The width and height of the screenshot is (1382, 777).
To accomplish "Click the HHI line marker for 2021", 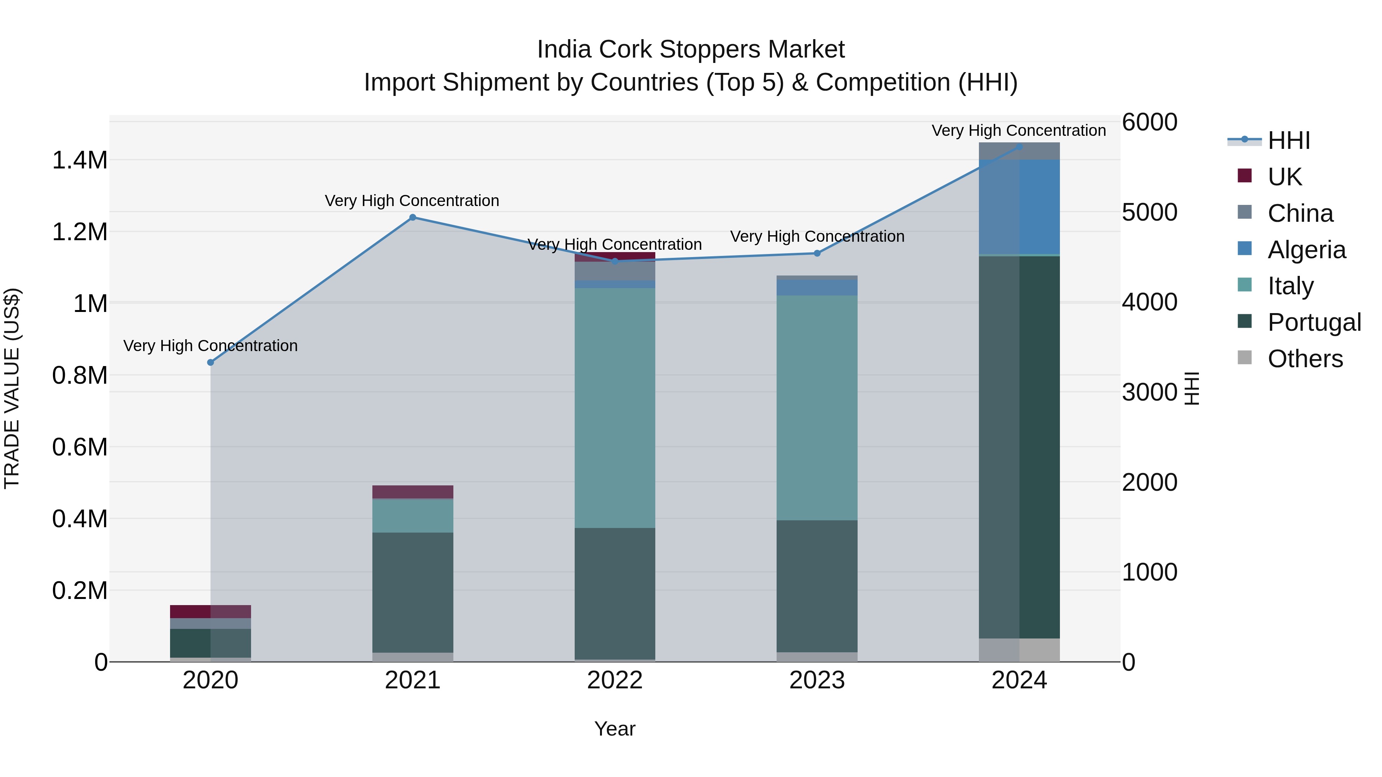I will click(x=413, y=217).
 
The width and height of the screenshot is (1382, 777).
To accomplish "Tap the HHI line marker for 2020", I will click(x=210, y=363).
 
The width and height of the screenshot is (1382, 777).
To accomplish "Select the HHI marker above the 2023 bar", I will click(x=817, y=253).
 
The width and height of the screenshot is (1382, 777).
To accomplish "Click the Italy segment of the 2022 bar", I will click(x=615, y=407).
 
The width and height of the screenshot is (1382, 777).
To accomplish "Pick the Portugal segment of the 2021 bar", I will click(x=413, y=592).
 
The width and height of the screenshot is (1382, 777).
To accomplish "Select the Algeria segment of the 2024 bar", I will click(x=1019, y=206).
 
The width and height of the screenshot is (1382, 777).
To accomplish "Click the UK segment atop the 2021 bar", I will click(x=413, y=492).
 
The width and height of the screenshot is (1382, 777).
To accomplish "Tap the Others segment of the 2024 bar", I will click(x=1019, y=650).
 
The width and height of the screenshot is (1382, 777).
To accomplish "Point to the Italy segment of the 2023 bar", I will click(x=817, y=407).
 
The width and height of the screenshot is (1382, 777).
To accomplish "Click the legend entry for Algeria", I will click(x=1306, y=250).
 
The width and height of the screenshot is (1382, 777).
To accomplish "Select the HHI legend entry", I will click(x=1289, y=140).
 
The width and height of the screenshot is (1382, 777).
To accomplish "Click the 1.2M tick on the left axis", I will click(x=80, y=232).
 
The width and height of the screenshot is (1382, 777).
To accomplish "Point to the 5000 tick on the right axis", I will click(x=1149, y=212).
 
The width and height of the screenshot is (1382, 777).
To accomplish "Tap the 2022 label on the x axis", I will click(x=615, y=680).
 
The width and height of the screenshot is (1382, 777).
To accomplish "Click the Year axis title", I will click(x=615, y=729).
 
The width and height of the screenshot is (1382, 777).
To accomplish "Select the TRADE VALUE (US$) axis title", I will click(x=12, y=388).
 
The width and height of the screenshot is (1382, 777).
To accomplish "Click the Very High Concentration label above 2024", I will click(x=1018, y=130).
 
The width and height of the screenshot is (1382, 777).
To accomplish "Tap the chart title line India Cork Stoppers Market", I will click(x=691, y=49).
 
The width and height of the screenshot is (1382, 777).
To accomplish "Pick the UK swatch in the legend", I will click(x=1244, y=175).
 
